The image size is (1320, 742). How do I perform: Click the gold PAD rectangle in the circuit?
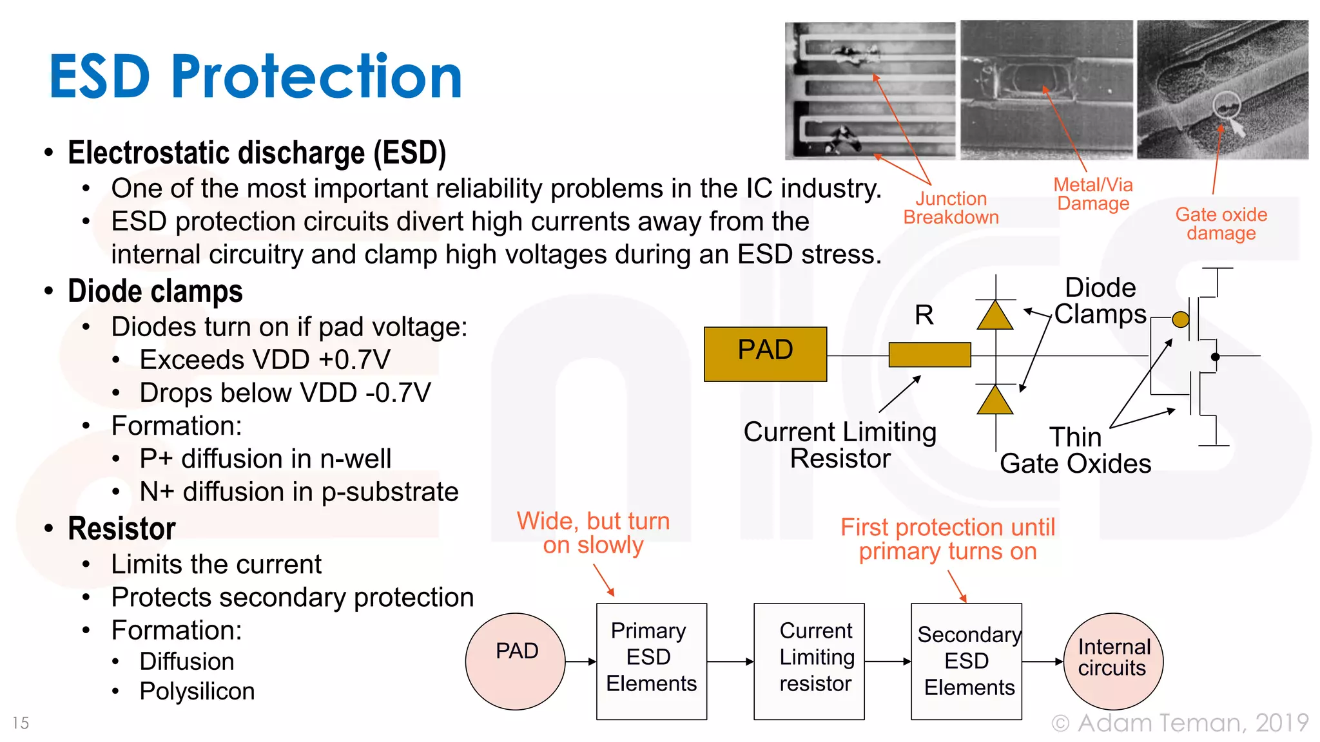[x=765, y=354]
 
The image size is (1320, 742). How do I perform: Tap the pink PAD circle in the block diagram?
[x=516, y=661]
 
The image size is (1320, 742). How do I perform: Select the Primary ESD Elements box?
[x=651, y=661]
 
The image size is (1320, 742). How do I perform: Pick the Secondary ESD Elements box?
[x=966, y=661]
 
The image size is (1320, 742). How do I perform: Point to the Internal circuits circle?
[x=1113, y=661]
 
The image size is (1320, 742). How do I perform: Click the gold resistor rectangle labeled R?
[x=929, y=355]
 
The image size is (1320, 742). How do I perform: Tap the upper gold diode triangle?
[x=995, y=316]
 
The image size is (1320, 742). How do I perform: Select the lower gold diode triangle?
[x=995, y=401]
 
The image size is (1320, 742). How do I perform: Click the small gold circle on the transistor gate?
[x=1180, y=319]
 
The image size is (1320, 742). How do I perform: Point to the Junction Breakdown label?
[x=951, y=208]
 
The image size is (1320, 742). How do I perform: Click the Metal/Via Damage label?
[x=1093, y=194]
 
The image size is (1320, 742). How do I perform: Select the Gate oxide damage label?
[x=1221, y=224]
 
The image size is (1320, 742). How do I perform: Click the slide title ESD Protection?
[x=256, y=77]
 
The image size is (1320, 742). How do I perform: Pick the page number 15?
[x=21, y=723]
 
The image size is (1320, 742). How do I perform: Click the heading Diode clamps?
[x=155, y=291]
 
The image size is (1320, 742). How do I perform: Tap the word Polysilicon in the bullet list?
[x=197, y=691]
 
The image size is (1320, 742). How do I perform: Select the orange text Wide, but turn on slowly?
[x=593, y=533]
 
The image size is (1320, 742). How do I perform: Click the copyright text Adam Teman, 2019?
[x=1180, y=723]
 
